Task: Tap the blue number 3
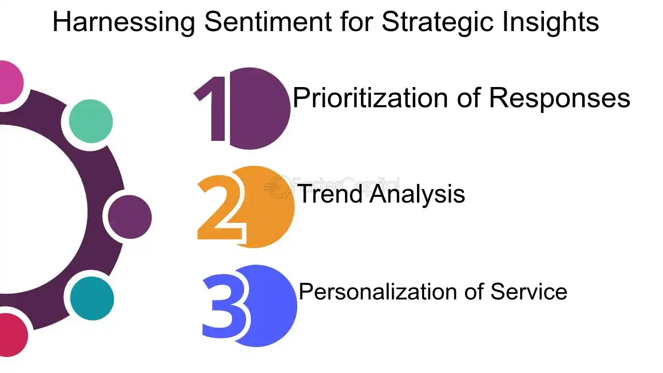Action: [x=224, y=306]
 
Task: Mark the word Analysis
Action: [x=417, y=194]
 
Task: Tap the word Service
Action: [x=528, y=291]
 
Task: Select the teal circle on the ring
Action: [x=92, y=298]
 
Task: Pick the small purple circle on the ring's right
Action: [x=129, y=217]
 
